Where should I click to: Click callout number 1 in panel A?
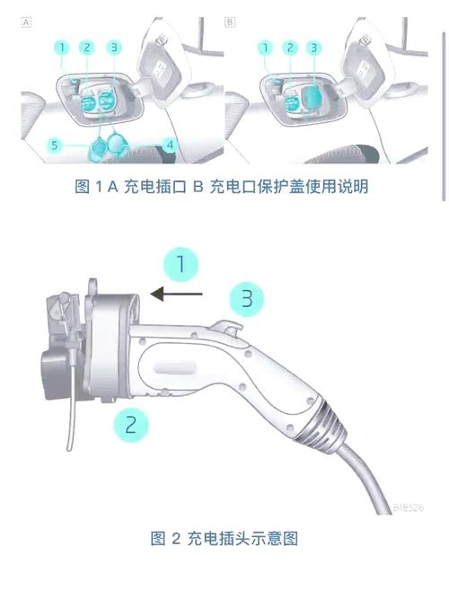coord(61,47)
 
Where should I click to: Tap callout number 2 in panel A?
coord(86,47)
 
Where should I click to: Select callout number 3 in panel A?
coord(113,47)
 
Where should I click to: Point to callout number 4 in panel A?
coord(169,143)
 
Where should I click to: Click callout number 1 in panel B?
coord(266,47)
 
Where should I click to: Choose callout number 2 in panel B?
coord(289,47)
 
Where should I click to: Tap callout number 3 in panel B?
coord(313,47)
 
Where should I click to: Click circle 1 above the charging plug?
coord(180,265)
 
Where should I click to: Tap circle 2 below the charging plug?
coord(130,423)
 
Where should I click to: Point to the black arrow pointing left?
coord(178,293)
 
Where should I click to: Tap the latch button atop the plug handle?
coord(230,332)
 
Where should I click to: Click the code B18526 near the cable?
coord(409,507)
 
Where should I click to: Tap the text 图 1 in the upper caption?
coord(89,187)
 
